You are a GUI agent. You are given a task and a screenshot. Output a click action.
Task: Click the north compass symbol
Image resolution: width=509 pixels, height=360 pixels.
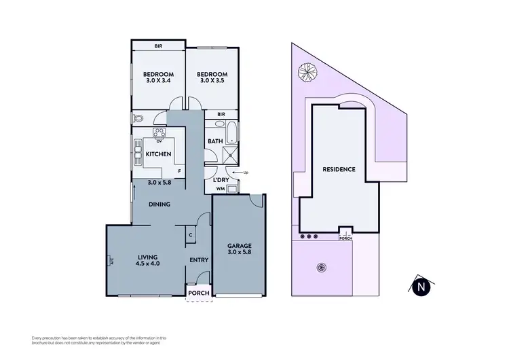(x=422, y=287)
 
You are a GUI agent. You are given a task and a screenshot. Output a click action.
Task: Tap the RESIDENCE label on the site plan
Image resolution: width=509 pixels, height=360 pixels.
(x=339, y=169)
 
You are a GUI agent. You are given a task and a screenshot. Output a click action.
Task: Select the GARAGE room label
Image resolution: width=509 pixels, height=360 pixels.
(x=240, y=249)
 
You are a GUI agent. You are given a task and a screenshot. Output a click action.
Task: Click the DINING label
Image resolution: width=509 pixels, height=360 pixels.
(x=160, y=204)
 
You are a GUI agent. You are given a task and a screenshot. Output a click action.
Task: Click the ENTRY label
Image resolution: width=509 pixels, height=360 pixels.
(x=199, y=260)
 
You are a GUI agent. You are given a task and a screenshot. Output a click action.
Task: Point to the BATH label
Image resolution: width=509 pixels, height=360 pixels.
(x=215, y=142)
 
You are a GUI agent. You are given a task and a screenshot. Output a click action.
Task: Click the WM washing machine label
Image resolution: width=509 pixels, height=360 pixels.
(x=219, y=188)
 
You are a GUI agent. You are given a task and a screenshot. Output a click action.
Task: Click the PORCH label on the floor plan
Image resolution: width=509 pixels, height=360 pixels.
(x=200, y=293)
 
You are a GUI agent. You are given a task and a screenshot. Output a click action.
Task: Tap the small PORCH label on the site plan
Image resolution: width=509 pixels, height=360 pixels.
(x=345, y=238)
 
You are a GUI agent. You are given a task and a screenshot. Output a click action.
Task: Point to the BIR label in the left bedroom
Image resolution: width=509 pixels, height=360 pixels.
(x=157, y=46)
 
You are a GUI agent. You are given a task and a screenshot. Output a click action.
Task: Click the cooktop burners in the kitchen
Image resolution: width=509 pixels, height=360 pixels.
(x=160, y=133)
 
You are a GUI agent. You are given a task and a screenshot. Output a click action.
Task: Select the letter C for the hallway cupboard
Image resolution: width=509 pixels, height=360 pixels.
(x=192, y=235)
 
